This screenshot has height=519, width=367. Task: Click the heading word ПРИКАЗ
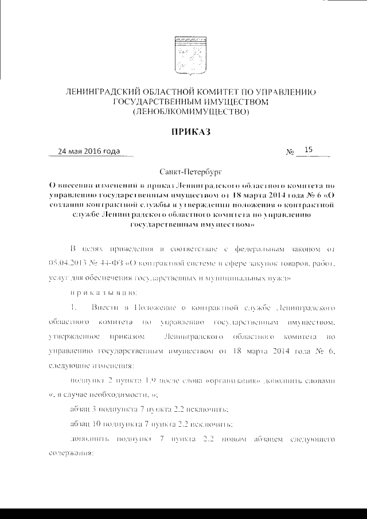(189, 132)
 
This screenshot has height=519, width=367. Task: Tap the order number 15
(309, 150)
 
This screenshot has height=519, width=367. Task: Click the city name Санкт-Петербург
(189, 171)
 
